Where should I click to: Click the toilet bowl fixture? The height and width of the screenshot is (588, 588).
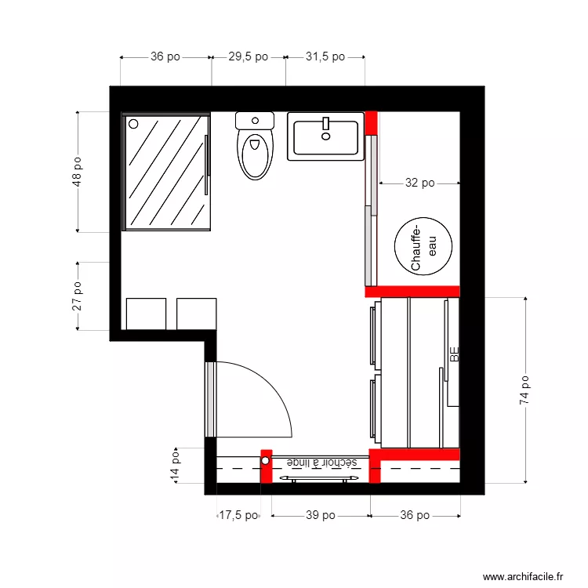(255, 154)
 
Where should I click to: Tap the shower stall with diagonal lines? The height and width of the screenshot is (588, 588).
(166, 172)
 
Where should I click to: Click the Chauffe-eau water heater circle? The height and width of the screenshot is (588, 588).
(423, 245)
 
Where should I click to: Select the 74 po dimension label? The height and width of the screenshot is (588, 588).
(524, 390)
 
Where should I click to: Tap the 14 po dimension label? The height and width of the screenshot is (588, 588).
(176, 466)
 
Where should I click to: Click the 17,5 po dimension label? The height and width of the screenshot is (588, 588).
(238, 515)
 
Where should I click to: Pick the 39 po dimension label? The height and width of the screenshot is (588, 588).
(319, 515)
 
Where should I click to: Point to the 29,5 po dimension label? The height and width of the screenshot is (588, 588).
(248, 56)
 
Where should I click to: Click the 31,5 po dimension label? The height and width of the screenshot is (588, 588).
(325, 56)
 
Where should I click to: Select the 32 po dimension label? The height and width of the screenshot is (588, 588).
(419, 183)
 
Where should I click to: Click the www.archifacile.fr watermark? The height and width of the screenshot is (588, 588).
(523, 576)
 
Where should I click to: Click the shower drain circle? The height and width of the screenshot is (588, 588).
(133, 124)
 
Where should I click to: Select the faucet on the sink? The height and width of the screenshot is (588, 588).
(325, 124)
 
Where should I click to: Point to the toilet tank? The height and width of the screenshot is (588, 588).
(255, 120)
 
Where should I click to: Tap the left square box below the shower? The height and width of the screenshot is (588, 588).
(146, 314)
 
